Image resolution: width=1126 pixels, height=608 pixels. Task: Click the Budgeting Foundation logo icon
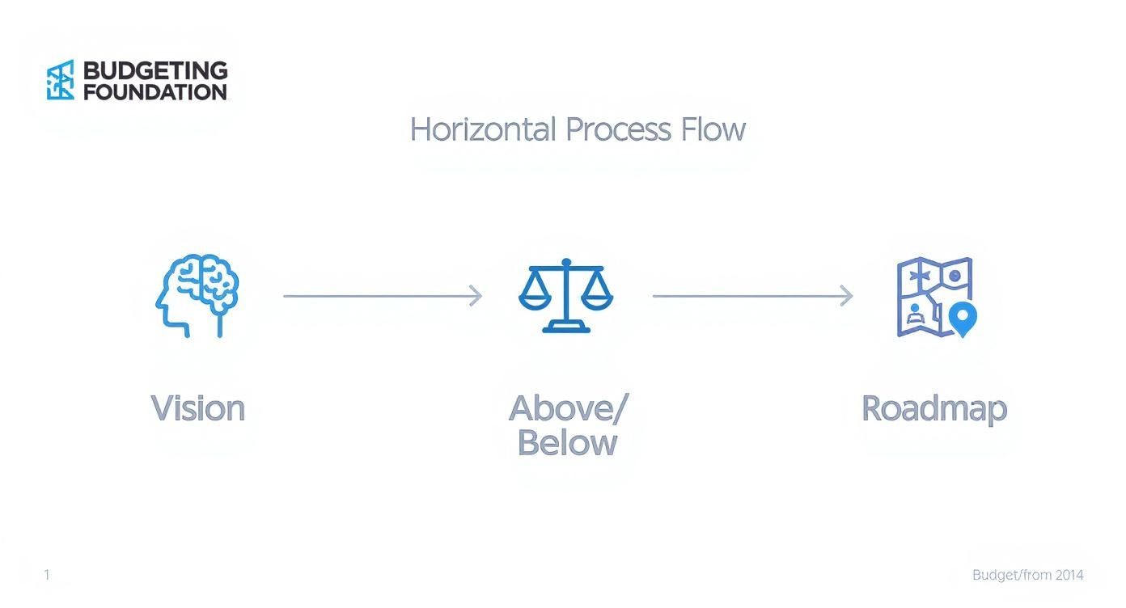61,80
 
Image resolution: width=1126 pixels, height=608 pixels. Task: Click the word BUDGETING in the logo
155,70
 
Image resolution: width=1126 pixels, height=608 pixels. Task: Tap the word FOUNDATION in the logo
155,92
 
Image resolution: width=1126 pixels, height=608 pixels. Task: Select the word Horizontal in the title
483,129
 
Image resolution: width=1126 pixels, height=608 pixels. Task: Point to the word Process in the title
618,129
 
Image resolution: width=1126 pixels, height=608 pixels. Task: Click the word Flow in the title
713,129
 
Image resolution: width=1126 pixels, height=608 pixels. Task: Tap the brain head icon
197,295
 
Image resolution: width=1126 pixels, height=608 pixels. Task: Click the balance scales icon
566,295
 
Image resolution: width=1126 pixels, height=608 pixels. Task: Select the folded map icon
937,297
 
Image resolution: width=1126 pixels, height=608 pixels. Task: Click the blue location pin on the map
963,319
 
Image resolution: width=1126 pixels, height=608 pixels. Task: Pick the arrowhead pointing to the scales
476,295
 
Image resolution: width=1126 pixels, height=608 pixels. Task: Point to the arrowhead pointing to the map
846,295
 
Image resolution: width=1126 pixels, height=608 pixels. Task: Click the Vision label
197,408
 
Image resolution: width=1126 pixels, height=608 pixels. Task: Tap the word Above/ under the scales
569,408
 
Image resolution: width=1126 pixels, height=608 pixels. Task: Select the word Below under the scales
567,443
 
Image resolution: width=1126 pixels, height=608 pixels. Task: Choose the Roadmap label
934,409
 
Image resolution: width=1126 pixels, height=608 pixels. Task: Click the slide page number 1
47,574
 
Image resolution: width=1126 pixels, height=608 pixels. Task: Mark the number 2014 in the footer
1069,575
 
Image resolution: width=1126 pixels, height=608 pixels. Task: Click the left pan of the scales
535,301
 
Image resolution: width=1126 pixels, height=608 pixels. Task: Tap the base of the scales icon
566,328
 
